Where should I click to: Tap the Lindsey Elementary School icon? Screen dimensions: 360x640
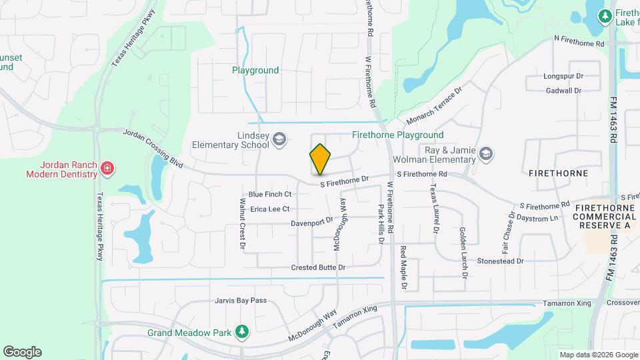[279, 139]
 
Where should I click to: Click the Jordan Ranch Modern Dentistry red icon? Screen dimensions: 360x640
[107, 169]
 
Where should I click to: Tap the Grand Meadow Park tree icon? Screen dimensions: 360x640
[243, 331]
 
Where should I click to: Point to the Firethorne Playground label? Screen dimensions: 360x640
[397, 135]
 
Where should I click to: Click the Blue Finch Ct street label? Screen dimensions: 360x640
[270, 195]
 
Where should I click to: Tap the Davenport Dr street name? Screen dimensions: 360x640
[311, 222]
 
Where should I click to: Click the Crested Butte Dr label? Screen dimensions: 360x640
[318, 267]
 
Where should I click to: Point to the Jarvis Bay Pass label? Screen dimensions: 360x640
[241, 301]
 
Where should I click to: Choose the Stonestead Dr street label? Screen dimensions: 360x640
[501, 261]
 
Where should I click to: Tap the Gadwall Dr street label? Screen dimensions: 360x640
[563, 90]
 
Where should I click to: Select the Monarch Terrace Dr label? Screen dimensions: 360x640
[434, 106]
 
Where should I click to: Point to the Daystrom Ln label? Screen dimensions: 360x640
[537, 218]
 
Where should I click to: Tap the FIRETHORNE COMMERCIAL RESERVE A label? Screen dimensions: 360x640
[603, 217]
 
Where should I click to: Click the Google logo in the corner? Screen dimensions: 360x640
[22, 352]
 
